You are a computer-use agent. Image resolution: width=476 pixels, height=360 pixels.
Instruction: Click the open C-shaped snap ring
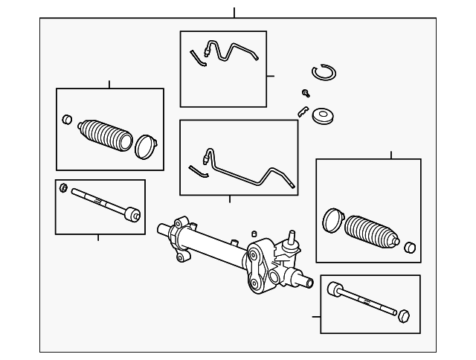coord(324,72)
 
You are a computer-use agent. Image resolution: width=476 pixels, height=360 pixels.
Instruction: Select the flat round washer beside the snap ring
coord(323,117)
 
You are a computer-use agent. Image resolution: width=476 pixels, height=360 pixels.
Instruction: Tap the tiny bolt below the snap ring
coord(306,92)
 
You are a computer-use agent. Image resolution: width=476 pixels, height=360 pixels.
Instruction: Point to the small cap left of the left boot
coord(67,119)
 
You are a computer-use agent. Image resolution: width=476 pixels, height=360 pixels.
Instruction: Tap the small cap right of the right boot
coord(408,246)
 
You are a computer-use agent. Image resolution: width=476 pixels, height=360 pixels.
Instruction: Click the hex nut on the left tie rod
coord(64,187)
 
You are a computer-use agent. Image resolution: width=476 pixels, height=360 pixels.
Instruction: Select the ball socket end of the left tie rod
coord(132,213)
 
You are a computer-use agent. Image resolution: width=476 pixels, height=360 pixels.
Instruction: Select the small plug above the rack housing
coord(254,234)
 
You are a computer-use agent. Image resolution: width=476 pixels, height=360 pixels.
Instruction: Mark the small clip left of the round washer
coord(302,112)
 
